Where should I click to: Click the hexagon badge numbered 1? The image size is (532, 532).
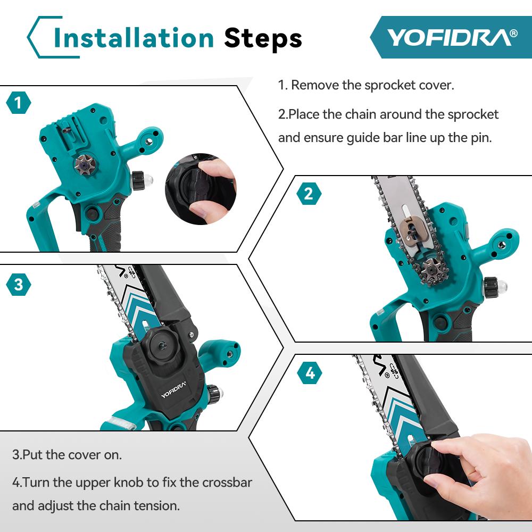point(19,103)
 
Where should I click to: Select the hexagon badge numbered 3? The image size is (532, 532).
point(19,285)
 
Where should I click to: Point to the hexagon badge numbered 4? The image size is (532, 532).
point(310,373)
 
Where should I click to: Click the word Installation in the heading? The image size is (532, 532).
point(134,38)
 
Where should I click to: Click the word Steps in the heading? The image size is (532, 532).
point(263,38)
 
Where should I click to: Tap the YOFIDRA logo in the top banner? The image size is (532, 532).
point(451,37)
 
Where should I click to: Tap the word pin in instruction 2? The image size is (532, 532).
point(482,137)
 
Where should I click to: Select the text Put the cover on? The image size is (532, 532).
point(67,455)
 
